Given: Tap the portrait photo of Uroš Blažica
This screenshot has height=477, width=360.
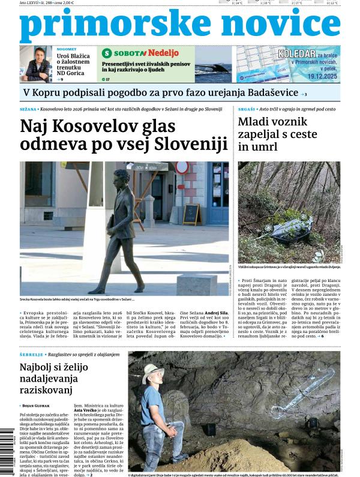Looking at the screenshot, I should [36, 64].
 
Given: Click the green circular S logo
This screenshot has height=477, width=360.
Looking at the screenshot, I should [107, 53].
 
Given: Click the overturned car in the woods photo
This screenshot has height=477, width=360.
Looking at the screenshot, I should [291, 230].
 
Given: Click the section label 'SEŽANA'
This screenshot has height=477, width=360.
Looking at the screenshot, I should [28, 109].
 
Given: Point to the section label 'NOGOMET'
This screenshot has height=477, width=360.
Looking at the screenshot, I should [66, 49].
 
